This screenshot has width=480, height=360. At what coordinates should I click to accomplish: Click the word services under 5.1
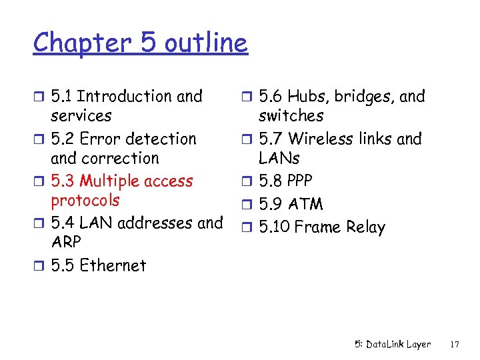coord(81,116)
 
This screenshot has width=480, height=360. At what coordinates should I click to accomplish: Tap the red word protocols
coord(85,201)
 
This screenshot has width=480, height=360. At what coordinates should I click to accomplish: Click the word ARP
coord(65,242)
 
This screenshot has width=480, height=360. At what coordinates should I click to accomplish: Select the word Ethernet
coord(113,265)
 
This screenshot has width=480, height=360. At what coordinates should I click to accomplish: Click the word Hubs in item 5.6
coord(307,97)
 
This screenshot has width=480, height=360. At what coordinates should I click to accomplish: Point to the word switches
coord(291,116)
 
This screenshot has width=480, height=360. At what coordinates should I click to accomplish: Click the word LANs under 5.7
coord(279,159)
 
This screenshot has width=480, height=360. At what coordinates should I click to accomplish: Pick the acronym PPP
coord(299,181)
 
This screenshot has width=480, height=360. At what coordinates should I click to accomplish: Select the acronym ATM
coord(306,204)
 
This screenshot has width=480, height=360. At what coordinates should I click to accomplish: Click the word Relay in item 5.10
coord(365,227)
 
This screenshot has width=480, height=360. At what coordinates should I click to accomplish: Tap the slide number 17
coord(455,345)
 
